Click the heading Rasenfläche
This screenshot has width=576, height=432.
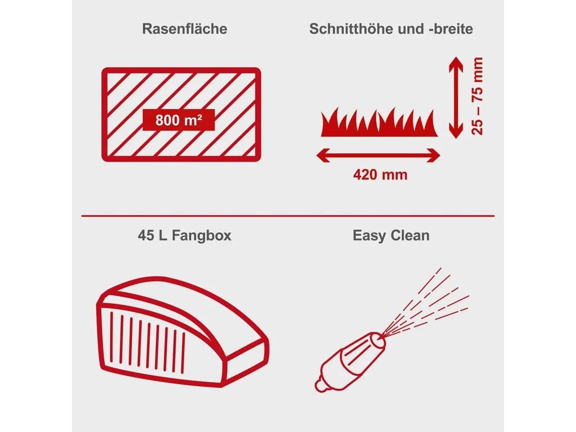tap(184, 29)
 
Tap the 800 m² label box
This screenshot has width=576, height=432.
tap(179, 120)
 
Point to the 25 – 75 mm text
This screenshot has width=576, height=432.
tap(477, 96)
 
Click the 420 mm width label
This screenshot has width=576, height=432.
tap(380, 175)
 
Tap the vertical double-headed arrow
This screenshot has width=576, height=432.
tap(456, 97)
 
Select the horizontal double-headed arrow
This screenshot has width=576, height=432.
tap(378, 155)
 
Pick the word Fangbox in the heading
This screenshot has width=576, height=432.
tap(202, 235)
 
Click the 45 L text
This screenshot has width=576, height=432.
tap(153, 235)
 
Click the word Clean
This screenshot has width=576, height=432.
tap(410, 235)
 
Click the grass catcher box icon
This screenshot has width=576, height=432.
tap(183, 332)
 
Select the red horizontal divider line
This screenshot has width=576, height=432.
tap(288, 216)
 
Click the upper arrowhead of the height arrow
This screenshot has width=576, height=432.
tap(456, 64)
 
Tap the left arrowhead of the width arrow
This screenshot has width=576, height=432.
tap(323, 155)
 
